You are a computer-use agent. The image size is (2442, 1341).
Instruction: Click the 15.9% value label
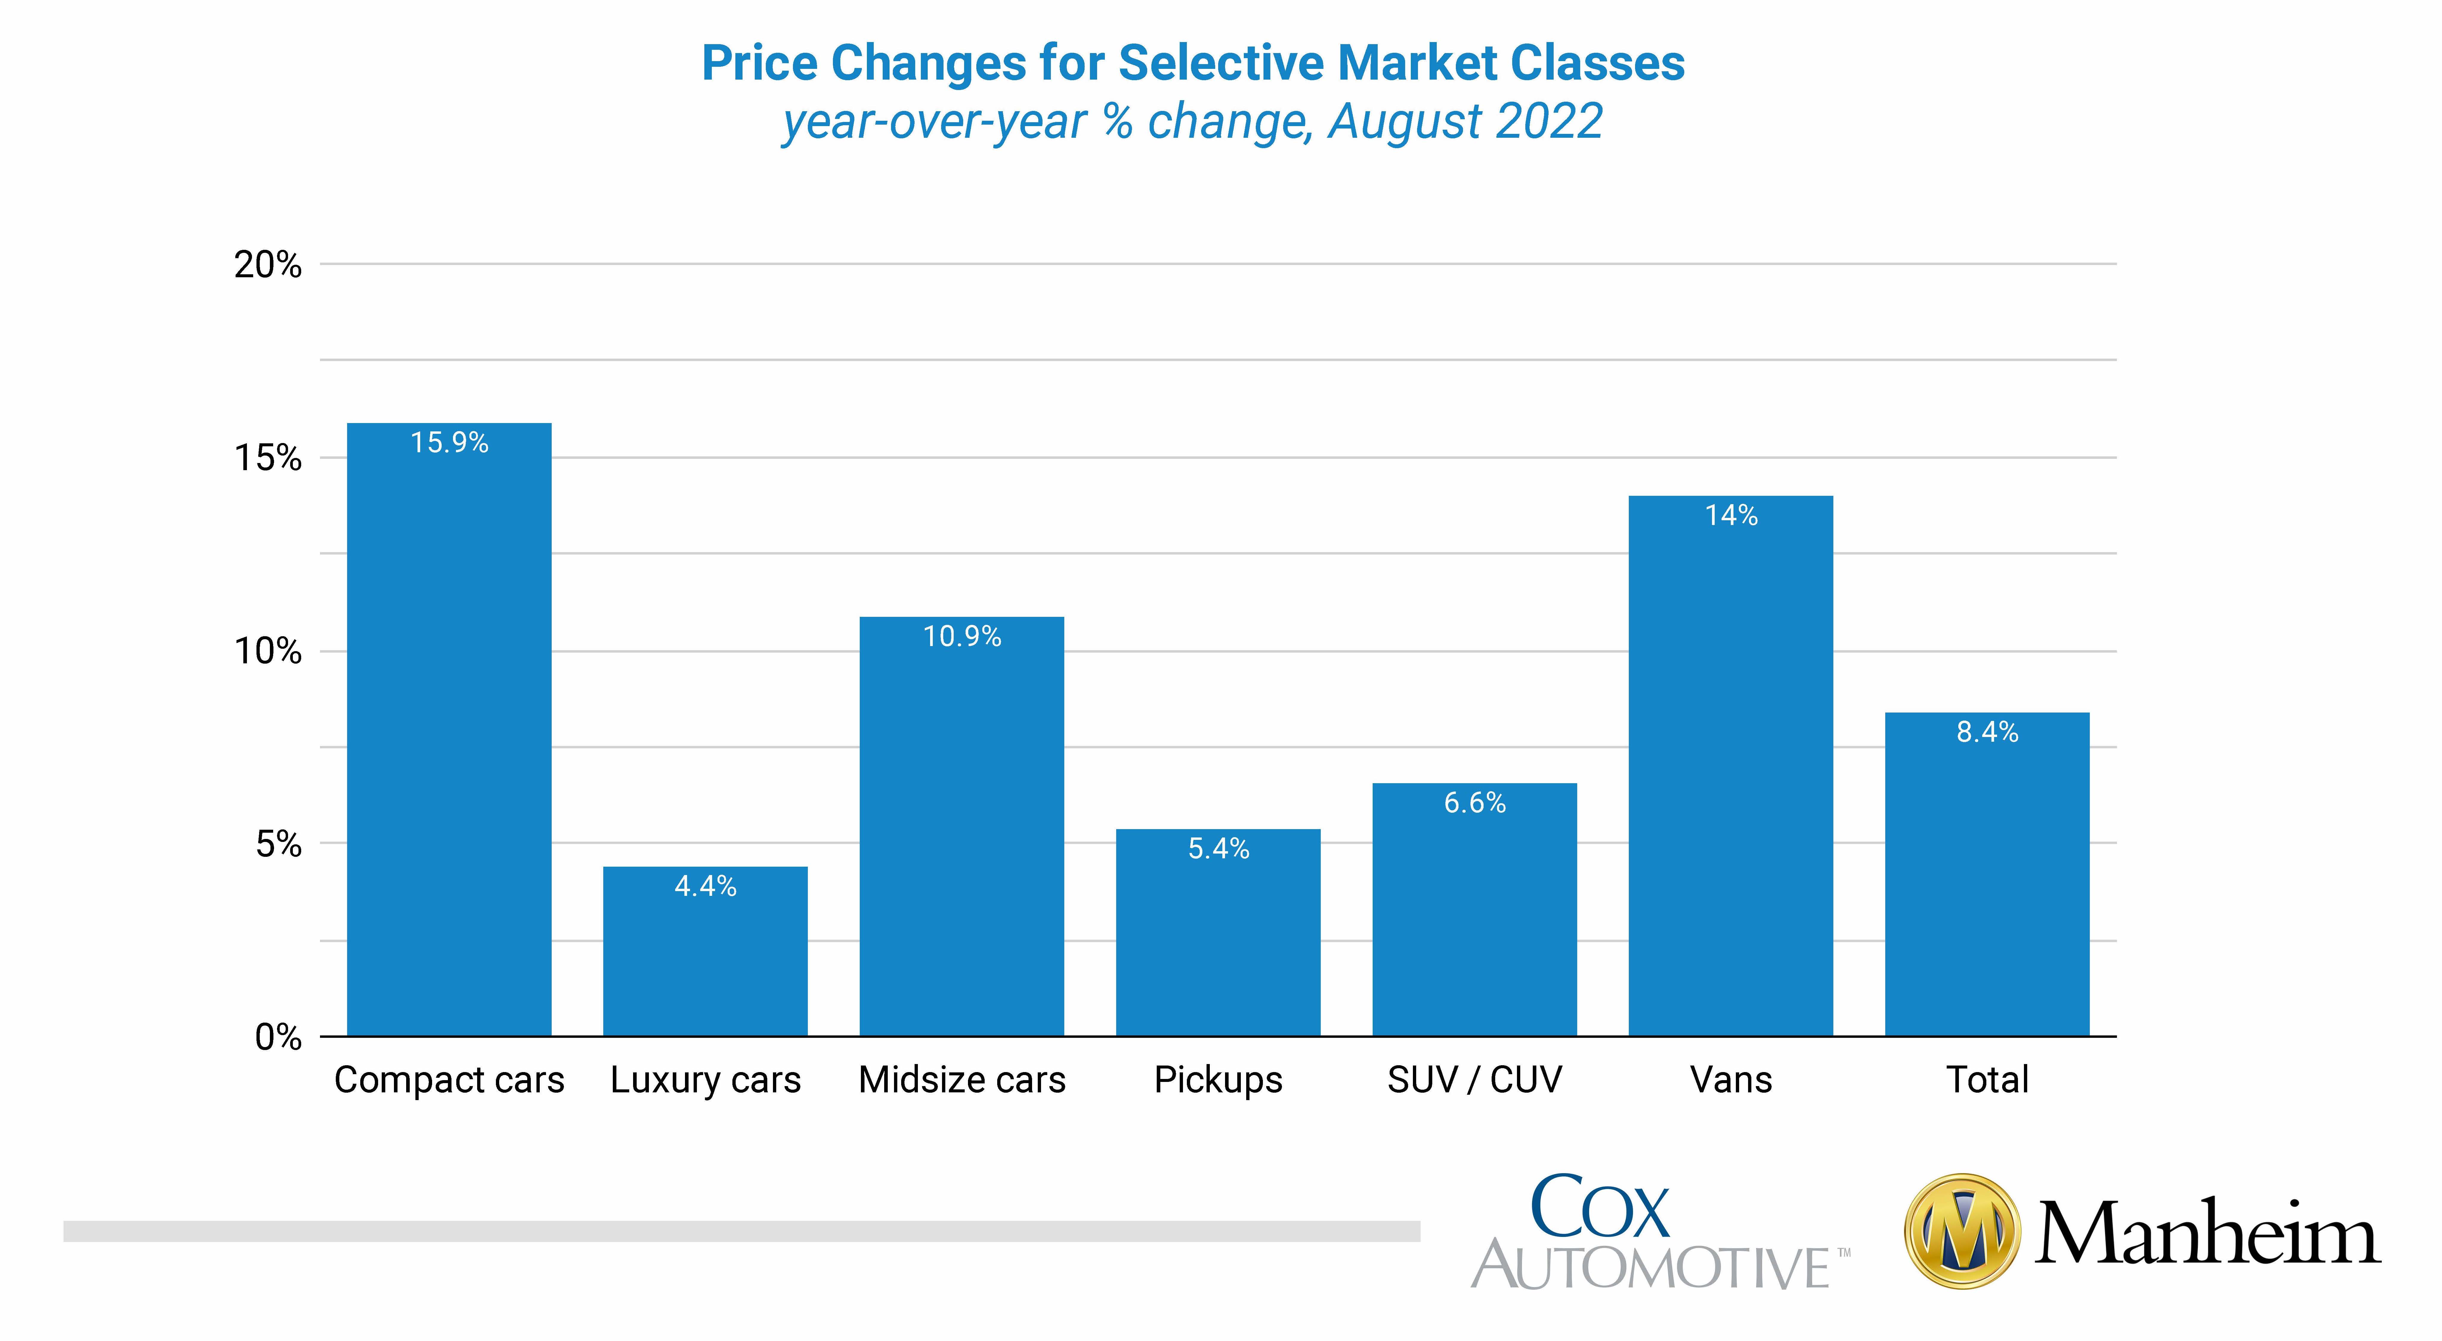[x=449, y=442]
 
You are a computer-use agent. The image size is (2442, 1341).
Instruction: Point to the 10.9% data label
[x=962, y=636]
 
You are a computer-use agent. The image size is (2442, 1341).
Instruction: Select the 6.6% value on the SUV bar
[x=1474, y=803]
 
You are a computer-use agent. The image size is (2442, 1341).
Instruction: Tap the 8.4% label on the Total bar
[x=1987, y=732]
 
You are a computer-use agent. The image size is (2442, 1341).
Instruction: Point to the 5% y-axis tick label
[x=278, y=844]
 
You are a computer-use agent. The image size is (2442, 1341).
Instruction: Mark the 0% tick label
[x=278, y=1038]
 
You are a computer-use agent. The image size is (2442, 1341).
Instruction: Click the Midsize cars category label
[x=962, y=1080]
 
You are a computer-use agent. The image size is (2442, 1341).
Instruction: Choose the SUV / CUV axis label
[x=1474, y=1080]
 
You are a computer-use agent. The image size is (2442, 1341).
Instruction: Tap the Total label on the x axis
[x=1987, y=1080]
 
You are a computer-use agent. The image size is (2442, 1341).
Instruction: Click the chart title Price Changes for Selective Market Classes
[x=1193, y=64]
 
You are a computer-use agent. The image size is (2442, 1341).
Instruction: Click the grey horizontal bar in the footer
[x=741, y=1231]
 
